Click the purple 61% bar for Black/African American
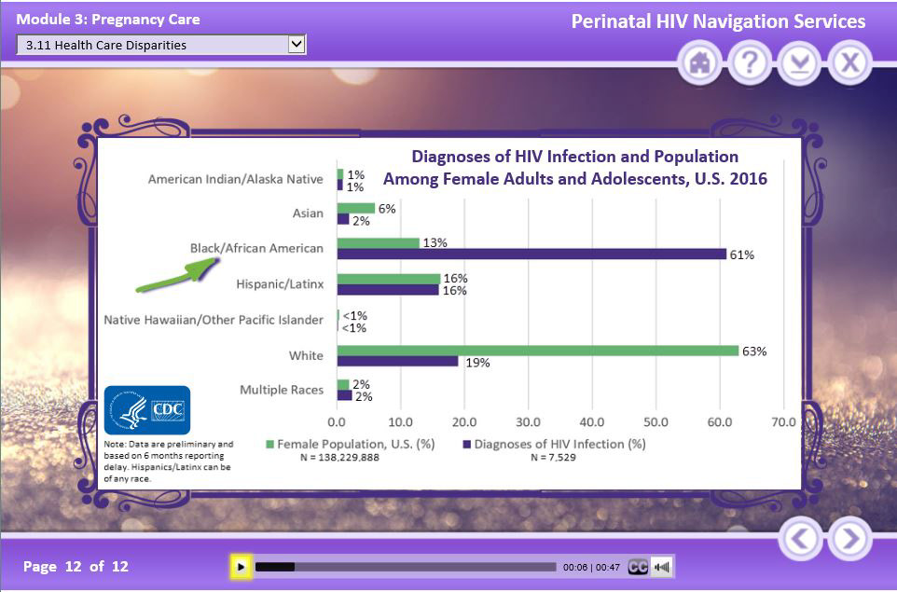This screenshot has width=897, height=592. (531, 254)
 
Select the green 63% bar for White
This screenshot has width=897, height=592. (538, 351)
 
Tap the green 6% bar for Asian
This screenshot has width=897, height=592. (356, 208)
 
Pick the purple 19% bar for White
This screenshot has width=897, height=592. (398, 362)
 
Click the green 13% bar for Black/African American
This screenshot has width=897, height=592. (379, 242)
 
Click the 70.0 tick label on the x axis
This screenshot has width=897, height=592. (782, 421)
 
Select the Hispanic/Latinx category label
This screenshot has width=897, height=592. (280, 284)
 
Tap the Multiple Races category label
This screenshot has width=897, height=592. (282, 390)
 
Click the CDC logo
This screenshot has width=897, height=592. (147, 410)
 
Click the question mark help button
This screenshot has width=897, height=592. (751, 62)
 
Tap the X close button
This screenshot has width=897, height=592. (849, 62)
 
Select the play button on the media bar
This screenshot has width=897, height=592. (241, 566)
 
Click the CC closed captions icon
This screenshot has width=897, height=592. (638, 566)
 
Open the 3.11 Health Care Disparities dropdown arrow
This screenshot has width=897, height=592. (297, 44)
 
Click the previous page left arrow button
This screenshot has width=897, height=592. (800, 539)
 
